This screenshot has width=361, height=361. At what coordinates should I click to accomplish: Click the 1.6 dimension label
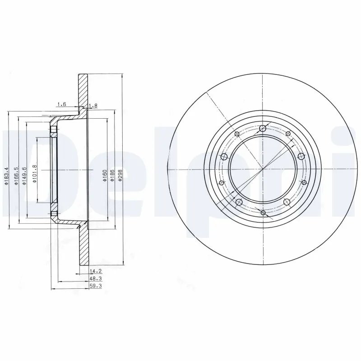[x=61, y=105]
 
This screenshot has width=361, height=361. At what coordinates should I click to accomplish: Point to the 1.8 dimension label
[x=93, y=106]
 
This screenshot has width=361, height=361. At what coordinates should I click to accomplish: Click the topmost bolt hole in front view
[x=263, y=129]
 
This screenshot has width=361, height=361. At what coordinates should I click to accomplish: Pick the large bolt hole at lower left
[x=239, y=201]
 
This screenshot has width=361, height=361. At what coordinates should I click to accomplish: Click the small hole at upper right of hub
[x=287, y=134]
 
